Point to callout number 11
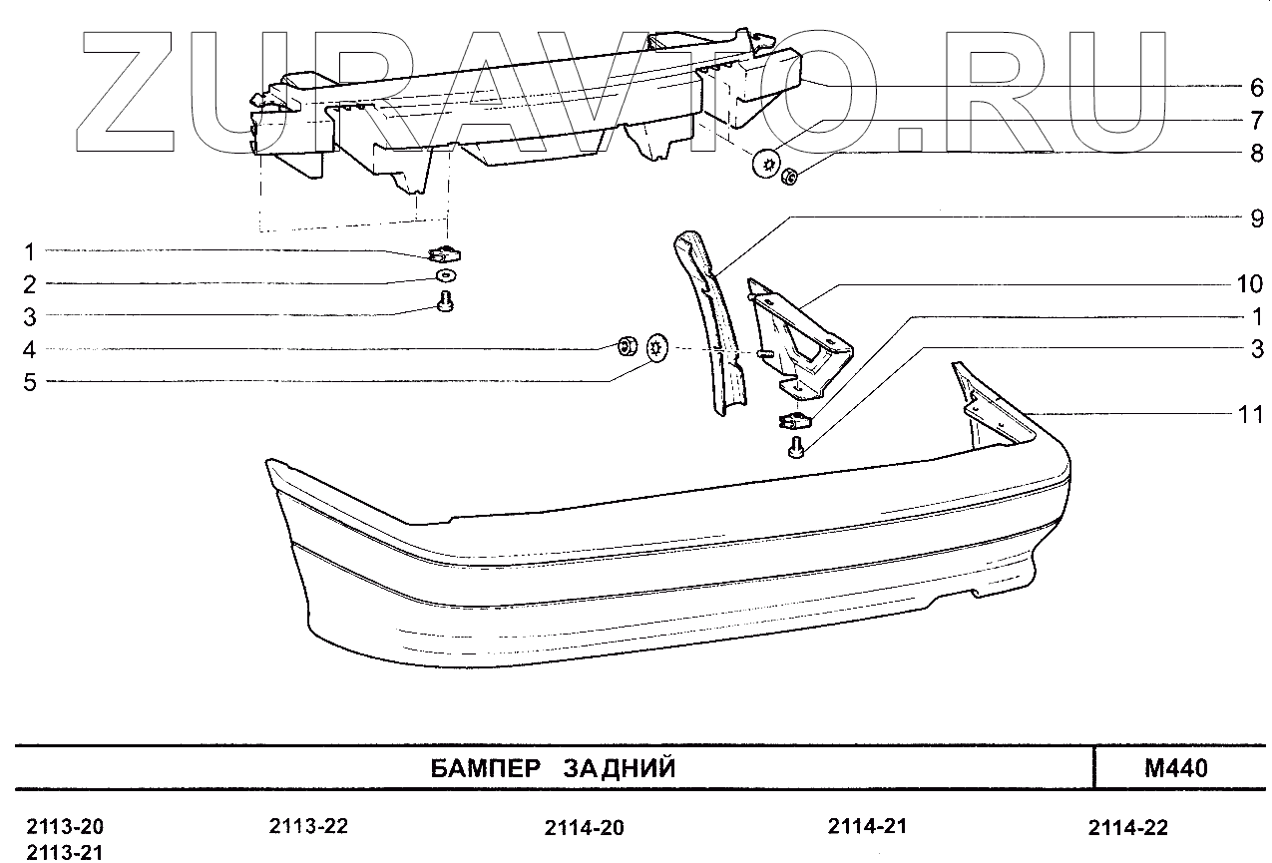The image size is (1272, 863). click(1250, 414)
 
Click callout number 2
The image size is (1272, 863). click(30, 284)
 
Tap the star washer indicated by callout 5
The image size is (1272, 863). click(658, 349)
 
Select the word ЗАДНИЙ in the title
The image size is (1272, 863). click(620, 768)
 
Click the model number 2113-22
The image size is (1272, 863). click(308, 826)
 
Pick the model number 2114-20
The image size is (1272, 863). click(585, 828)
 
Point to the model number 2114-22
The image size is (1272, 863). click(1127, 828)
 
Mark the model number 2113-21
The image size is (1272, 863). click(65, 851)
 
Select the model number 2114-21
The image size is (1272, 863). click(867, 826)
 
